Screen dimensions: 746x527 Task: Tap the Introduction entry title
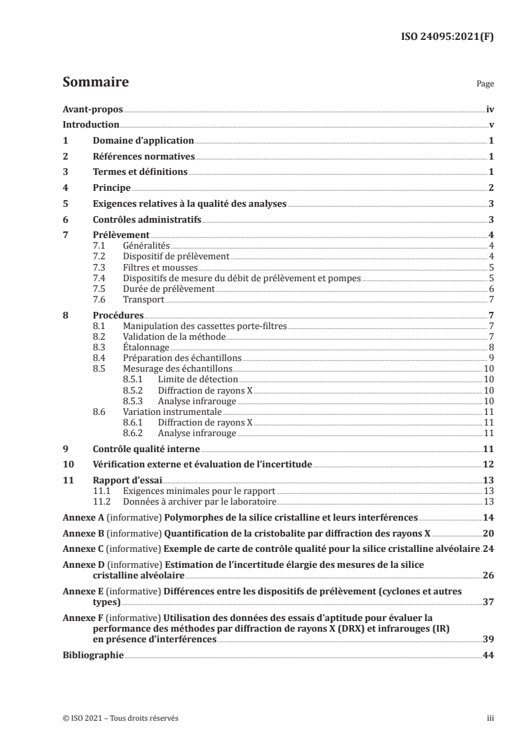pos(91,125)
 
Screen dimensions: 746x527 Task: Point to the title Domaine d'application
pos(143,141)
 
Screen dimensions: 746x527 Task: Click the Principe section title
pos(111,188)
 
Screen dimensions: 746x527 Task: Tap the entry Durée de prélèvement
pos(169,289)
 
